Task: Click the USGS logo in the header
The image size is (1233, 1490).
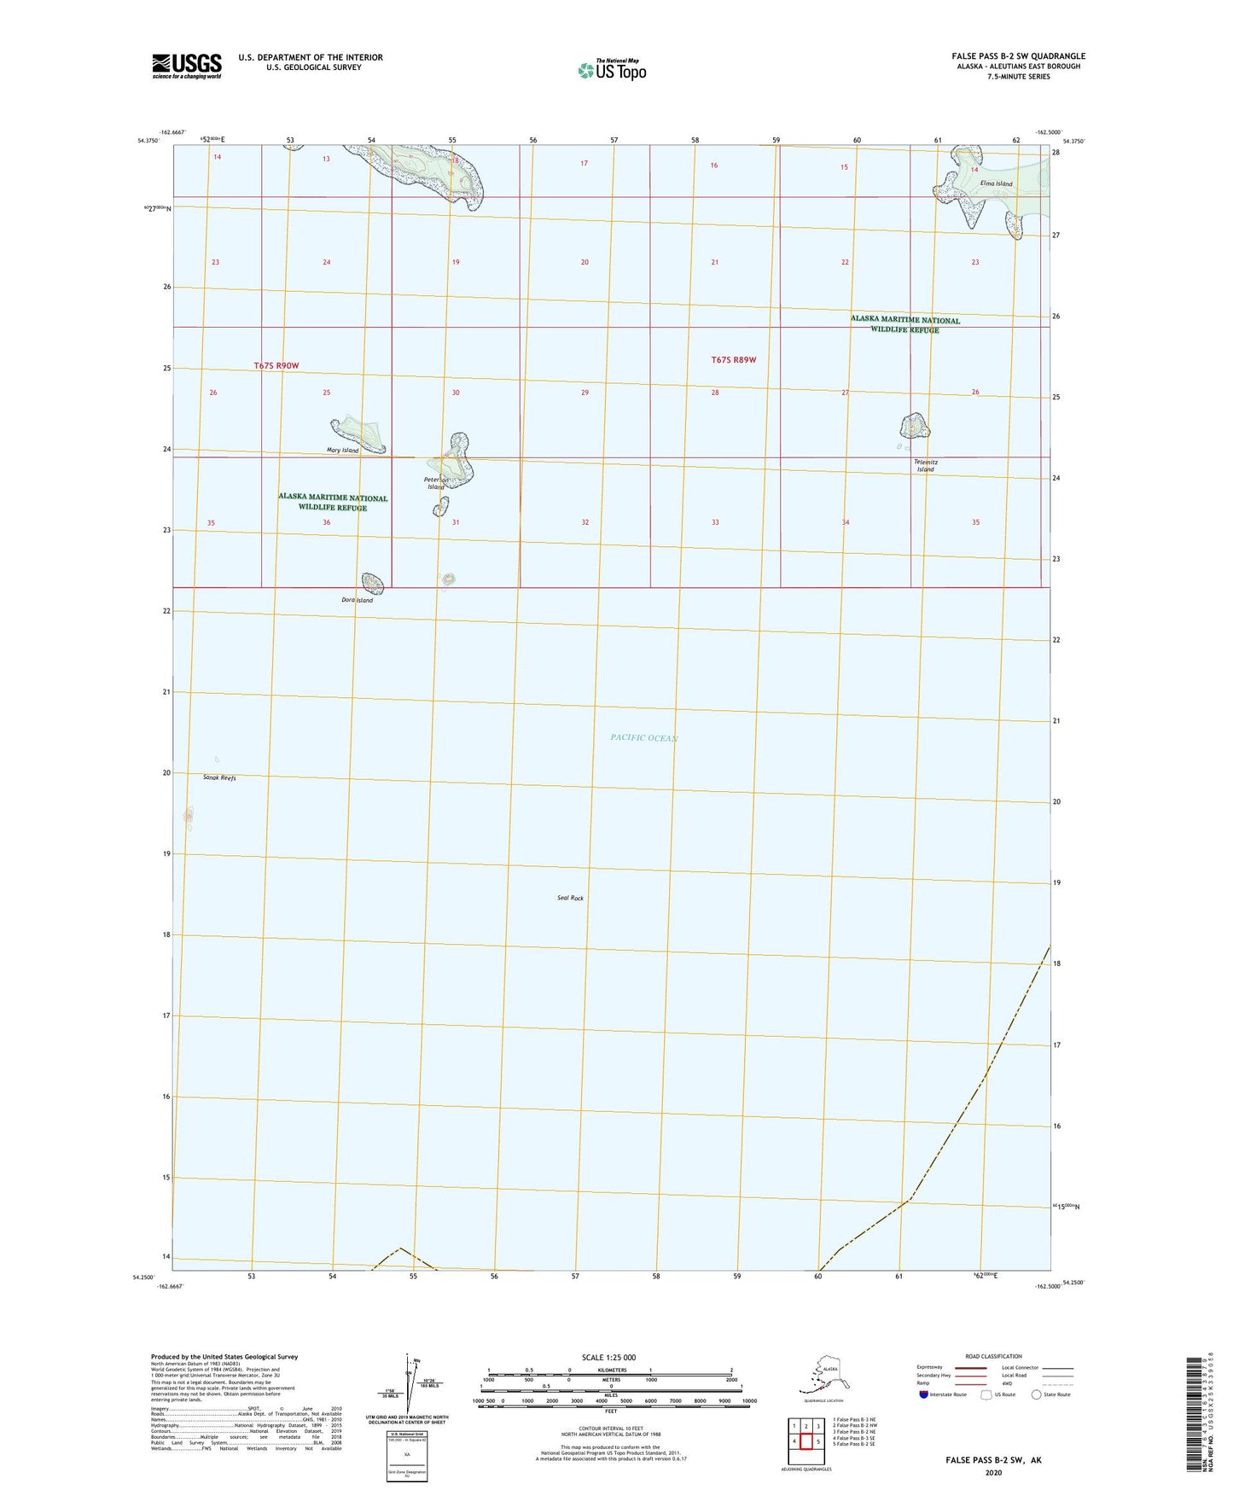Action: [186, 66]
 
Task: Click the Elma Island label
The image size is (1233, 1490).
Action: [997, 184]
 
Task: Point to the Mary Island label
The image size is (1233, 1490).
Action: [342, 451]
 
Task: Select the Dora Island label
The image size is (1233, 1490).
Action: [357, 601]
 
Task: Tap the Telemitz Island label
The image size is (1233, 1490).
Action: [925, 466]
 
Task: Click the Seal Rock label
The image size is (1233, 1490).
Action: [570, 899]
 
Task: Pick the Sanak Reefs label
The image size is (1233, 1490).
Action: [219, 778]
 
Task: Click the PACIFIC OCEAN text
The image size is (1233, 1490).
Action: [643, 738]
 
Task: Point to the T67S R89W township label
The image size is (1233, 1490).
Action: [733, 360]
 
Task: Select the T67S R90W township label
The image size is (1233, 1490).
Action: [276, 366]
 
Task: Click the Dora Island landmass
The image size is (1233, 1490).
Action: [373, 584]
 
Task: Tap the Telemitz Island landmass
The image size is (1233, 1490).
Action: [914, 424]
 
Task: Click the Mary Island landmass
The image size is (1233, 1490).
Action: [358, 433]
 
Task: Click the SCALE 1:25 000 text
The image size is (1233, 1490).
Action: [609, 1358]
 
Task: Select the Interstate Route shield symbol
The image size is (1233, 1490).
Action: [926, 1394]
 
